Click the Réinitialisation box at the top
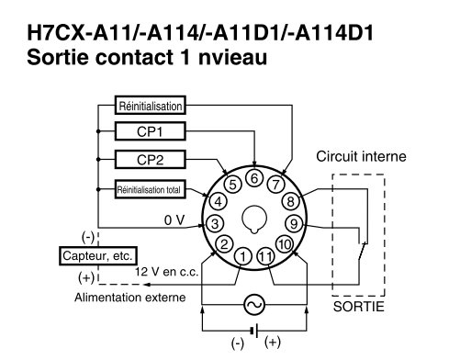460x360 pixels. pos(150,105)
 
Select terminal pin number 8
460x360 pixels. pos(290,202)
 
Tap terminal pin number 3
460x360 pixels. pos(214,223)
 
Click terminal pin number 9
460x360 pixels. pos(294,223)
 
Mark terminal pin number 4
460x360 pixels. pos(218,201)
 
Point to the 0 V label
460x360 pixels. pos(175,220)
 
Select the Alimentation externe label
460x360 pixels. pos(130,298)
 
